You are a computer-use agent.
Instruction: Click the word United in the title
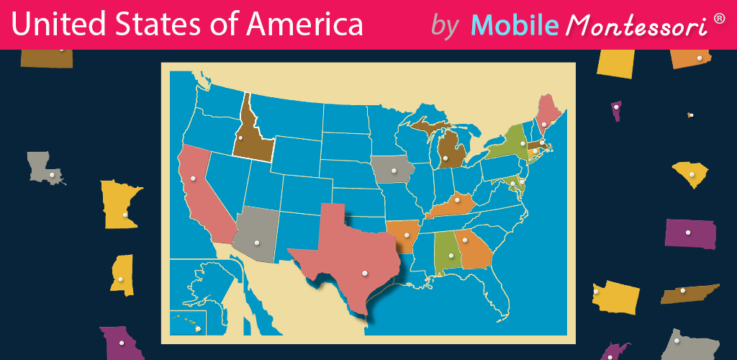55,25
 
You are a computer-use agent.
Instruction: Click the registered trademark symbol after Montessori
719,17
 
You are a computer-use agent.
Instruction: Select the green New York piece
512,145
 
